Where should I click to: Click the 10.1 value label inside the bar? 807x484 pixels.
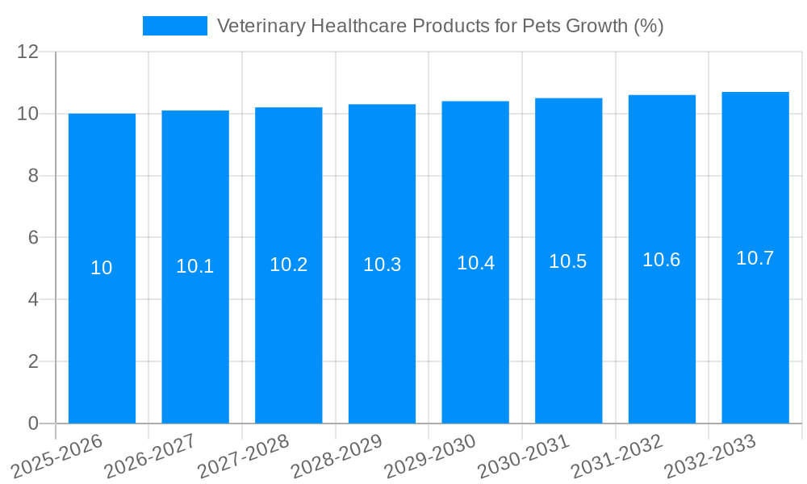(x=195, y=266)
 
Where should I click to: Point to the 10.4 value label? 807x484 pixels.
(x=475, y=263)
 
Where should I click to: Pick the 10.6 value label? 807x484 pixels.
(x=662, y=260)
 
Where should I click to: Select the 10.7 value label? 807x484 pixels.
(x=755, y=258)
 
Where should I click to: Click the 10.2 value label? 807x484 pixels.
(x=289, y=265)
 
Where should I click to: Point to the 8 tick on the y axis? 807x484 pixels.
(x=33, y=176)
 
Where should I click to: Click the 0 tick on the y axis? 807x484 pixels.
(x=33, y=423)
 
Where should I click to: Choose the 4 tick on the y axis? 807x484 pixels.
(x=33, y=299)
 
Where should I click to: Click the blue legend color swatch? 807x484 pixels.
(x=175, y=26)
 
